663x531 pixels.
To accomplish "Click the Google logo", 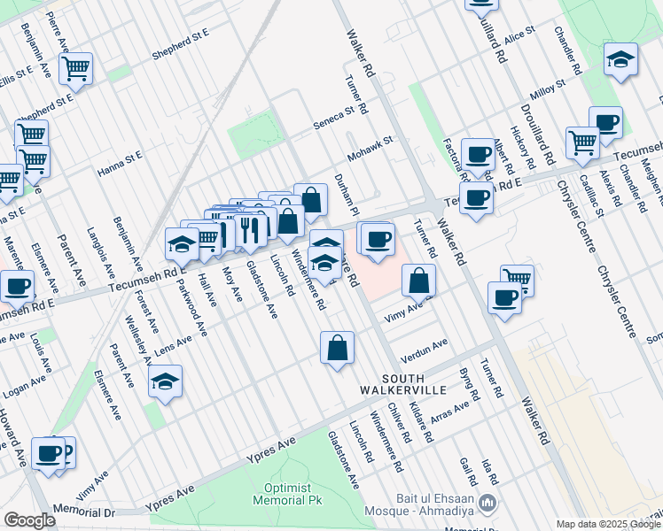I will [x=30, y=520].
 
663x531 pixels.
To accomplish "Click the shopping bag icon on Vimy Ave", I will [x=418, y=281].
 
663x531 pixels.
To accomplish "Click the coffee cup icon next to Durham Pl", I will [x=378, y=239].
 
